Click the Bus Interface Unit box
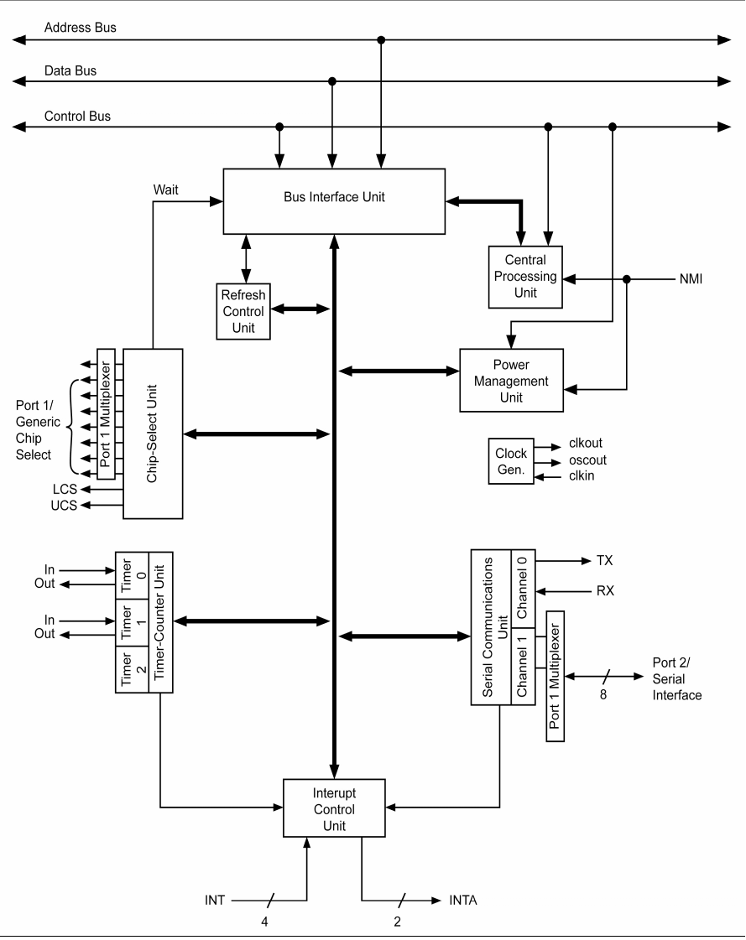point(333,200)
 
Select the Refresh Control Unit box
point(243,310)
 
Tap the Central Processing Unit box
point(525,276)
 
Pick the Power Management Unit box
point(510,379)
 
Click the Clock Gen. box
point(510,460)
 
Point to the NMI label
point(691,278)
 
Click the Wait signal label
point(165,190)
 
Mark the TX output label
point(606,559)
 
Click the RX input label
point(605,590)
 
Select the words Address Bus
point(81,28)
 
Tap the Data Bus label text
point(70,70)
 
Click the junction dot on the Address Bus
point(381,39)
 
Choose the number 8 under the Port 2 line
point(603,695)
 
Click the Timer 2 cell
point(131,669)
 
